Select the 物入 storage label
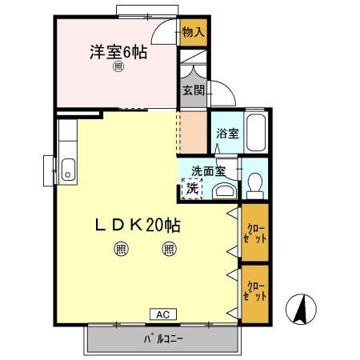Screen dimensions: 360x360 [x=193, y=32]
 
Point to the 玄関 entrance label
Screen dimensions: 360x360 [x=193, y=89]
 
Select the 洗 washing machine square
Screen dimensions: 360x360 [x=193, y=188]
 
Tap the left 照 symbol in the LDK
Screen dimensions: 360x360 [x=121, y=249]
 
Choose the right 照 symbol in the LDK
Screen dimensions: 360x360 [x=170, y=249]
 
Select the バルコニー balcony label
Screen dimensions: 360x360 [x=163, y=338]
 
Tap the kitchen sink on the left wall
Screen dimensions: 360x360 [x=67, y=170]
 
